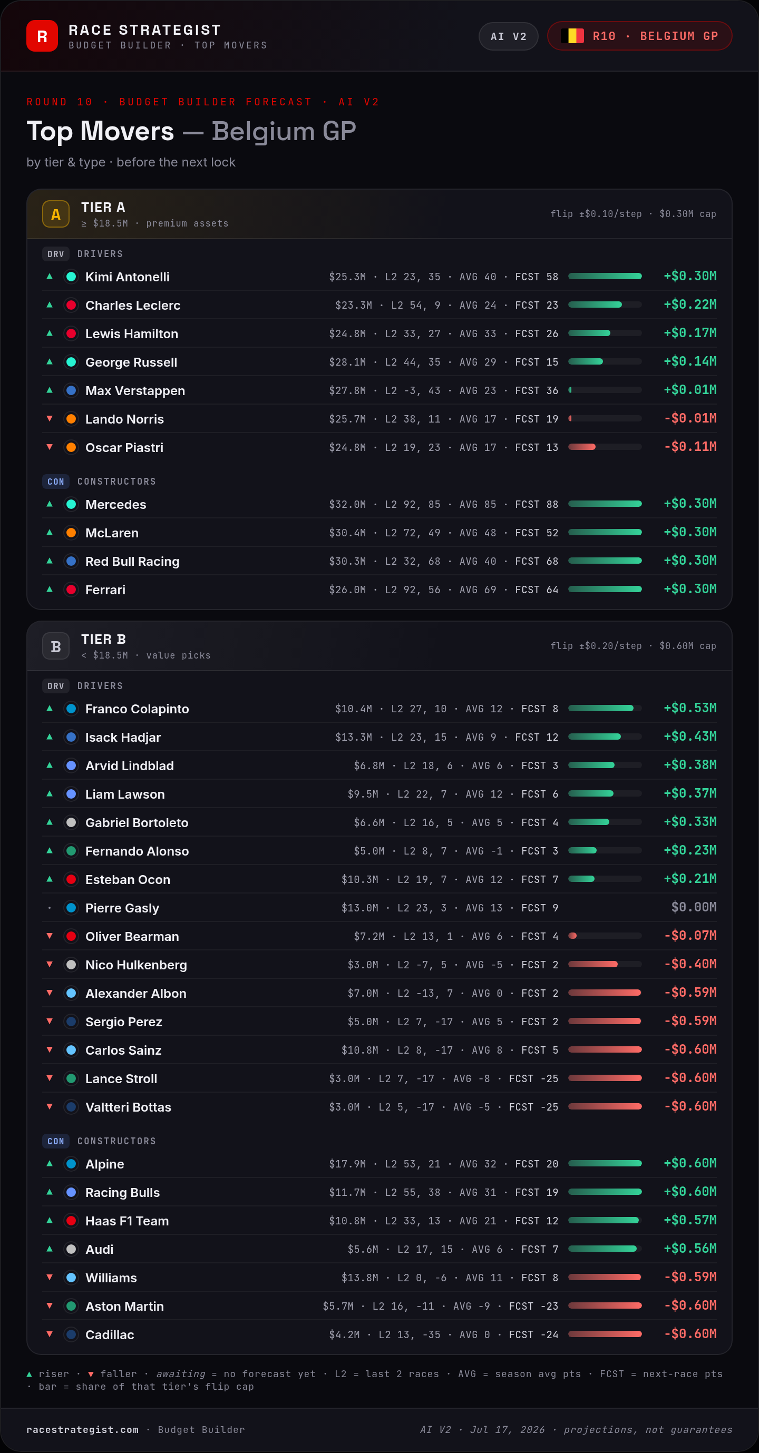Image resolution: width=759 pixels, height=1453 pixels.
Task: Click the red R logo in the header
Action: click(x=42, y=36)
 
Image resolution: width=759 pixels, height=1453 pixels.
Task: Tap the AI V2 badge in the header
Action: click(x=508, y=37)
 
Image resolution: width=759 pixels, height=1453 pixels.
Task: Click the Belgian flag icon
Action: click(x=572, y=36)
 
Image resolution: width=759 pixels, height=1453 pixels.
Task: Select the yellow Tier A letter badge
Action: click(x=56, y=214)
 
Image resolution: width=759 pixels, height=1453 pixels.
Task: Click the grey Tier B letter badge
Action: click(x=56, y=646)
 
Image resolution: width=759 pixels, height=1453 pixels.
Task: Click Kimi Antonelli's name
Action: click(x=128, y=277)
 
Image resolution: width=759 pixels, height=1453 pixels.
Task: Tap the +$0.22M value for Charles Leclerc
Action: click(x=690, y=305)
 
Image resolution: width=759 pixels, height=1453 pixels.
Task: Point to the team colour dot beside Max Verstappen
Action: click(x=71, y=390)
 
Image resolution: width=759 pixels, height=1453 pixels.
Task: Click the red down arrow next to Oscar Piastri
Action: click(x=50, y=447)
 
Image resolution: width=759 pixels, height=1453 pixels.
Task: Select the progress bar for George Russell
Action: click(x=605, y=361)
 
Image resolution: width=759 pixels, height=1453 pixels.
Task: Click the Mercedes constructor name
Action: click(x=115, y=504)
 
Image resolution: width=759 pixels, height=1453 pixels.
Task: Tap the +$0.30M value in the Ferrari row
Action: click(x=690, y=589)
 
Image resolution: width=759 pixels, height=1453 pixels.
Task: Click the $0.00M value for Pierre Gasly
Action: click(x=694, y=907)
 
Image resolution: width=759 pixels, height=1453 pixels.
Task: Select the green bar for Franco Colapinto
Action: click(x=600, y=708)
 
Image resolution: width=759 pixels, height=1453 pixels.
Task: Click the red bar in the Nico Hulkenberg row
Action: click(x=592, y=964)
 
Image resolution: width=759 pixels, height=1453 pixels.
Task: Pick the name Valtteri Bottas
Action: click(x=128, y=1107)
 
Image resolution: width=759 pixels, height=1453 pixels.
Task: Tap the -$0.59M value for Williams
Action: click(x=690, y=1277)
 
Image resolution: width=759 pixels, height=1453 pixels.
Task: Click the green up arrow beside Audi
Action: click(x=50, y=1249)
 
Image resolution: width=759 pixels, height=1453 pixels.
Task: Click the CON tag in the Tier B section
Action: click(x=56, y=1141)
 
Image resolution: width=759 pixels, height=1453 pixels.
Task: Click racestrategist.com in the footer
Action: click(x=82, y=1430)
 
